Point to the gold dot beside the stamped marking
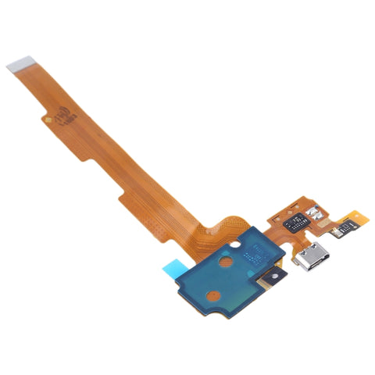48,119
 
